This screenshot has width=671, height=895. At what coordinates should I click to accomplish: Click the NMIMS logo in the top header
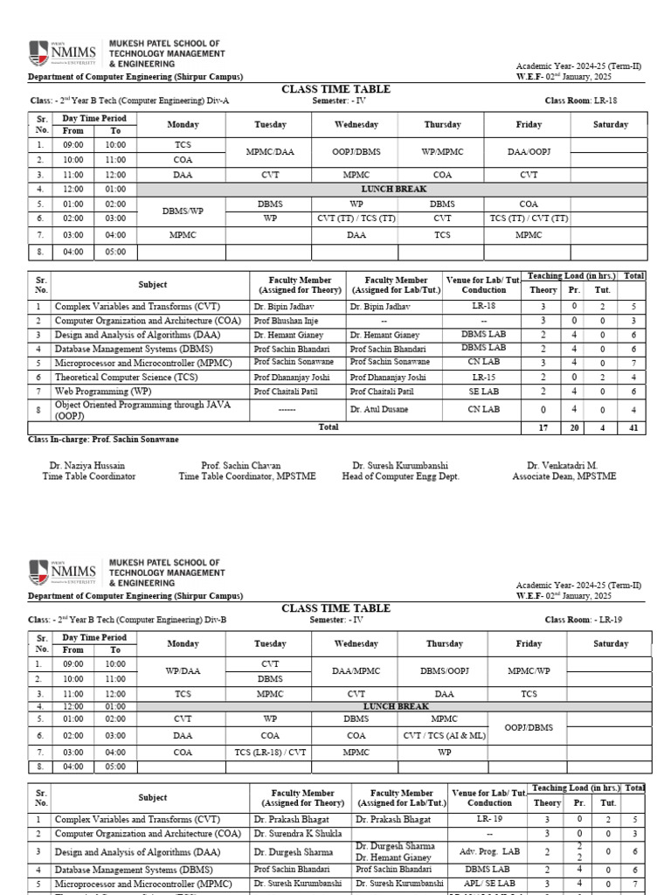click(x=62, y=53)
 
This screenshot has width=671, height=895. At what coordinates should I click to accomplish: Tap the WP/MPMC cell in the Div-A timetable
click(x=442, y=152)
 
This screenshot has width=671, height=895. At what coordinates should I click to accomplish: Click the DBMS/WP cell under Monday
click(x=182, y=211)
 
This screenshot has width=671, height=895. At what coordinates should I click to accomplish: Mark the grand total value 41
click(x=633, y=427)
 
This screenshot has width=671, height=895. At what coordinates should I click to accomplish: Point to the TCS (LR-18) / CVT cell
click(x=270, y=751)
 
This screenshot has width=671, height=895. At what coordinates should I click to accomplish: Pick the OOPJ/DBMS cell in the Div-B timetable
click(x=529, y=727)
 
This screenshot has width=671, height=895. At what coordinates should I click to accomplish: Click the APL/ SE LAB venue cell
click(x=489, y=884)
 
